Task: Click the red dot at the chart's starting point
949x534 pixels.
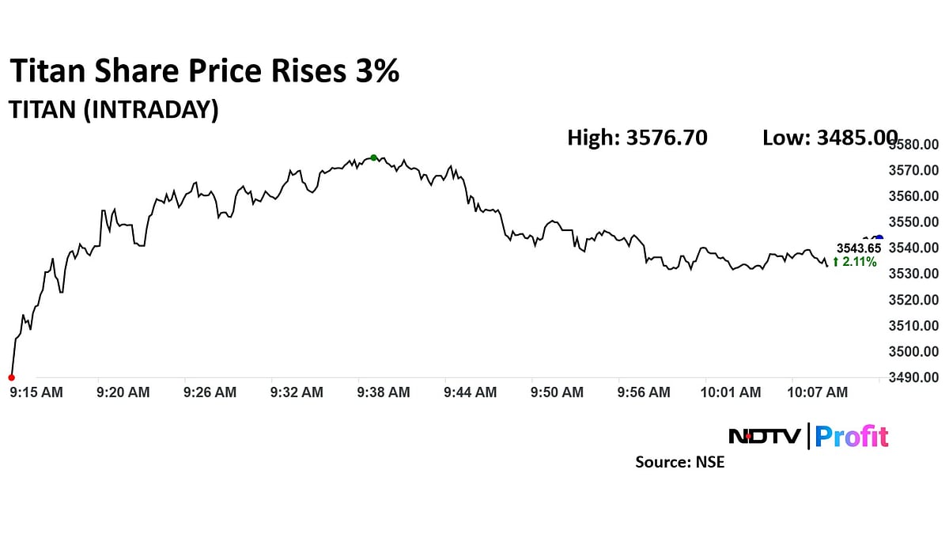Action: click(11, 377)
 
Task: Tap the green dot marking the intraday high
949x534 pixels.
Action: click(373, 157)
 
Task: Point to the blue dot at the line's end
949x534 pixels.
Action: click(879, 238)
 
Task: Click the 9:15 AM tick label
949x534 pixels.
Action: click(36, 392)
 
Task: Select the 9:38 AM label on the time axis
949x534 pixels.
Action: click(384, 392)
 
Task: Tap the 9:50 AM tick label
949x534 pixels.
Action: click(558, 392)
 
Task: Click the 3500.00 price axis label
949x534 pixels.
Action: click(914, 351)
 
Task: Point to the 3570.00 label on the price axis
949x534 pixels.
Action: click(914, 170)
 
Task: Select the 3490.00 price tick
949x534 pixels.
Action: click(914, 377)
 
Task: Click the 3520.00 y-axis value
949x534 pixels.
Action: click(914, 300)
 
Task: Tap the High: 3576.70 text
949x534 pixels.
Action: click(637, 138)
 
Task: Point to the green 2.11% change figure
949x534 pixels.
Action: click(854, 263)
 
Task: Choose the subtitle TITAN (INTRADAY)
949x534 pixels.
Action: click(113, 110)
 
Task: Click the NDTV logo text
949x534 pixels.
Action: click(764, 436)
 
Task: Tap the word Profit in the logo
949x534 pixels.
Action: click(852, 436)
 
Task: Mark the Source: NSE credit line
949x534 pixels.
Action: click(679, 462)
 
